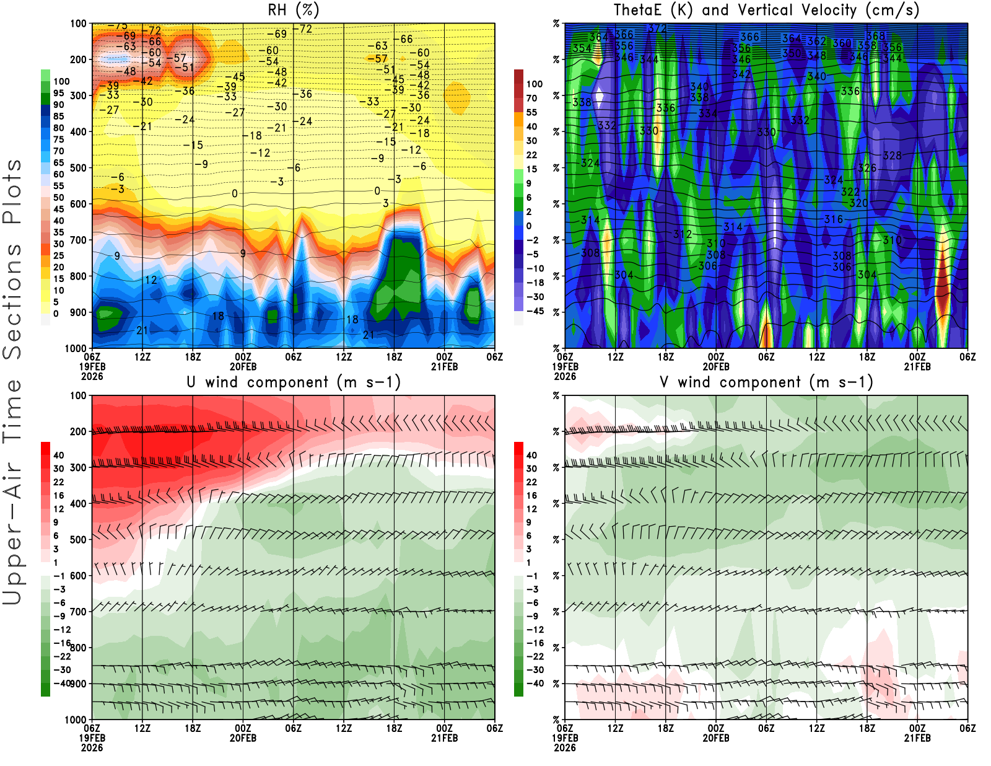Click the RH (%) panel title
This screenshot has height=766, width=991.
(293, 10)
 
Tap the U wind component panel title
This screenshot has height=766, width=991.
(294, 382)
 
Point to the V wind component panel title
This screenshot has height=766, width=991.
(766, 382)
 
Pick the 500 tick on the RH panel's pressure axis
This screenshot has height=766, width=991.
(78, 168)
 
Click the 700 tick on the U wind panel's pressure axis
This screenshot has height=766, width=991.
(78, 612)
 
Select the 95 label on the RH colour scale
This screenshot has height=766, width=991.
(58, 93)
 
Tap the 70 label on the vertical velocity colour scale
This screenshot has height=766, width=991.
(531, 98)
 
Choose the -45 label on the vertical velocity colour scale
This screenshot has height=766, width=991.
(535, 311)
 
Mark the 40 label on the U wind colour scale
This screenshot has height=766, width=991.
(59, 455)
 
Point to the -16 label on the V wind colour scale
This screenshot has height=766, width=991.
(535, 643)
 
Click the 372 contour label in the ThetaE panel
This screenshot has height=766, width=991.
(657, 29)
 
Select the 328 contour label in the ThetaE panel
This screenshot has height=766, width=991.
(892, 156)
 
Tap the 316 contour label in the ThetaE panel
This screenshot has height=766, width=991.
(834, 219)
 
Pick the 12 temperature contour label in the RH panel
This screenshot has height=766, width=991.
(151, 280)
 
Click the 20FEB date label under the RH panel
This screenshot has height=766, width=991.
(243, 366)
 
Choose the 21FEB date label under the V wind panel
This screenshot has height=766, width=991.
(917, 738)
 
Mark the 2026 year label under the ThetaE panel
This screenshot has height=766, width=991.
(565, 376)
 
